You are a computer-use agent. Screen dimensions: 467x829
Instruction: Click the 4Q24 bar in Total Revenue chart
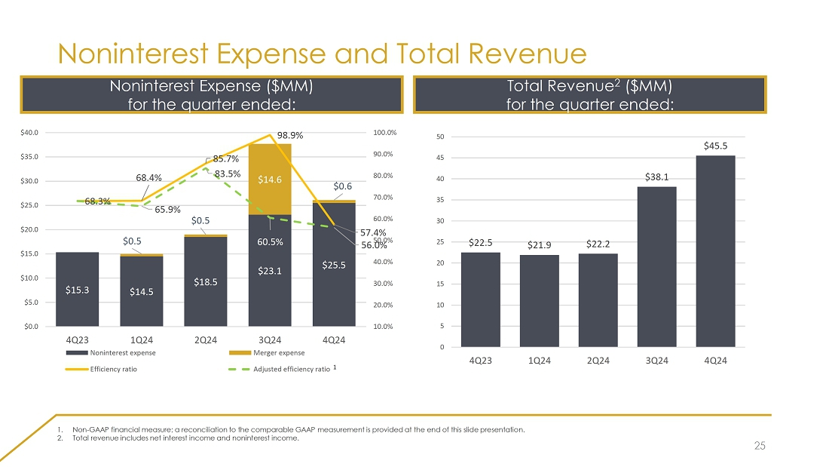(715, 250)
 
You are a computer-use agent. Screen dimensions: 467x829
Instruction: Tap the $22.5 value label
(481, 243)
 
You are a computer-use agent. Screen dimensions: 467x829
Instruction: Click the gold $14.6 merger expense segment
(270, 180)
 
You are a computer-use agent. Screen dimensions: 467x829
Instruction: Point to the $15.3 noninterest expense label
(77, 289)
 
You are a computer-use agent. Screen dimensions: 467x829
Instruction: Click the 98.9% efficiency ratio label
(289, 135)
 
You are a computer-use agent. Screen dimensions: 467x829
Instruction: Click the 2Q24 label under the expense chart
(206, 340)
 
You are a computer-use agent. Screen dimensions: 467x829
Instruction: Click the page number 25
(759, 447)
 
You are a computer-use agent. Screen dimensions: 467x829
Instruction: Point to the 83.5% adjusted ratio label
(228, 174)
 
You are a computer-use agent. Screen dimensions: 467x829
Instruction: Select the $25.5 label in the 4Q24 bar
(334, 264)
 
